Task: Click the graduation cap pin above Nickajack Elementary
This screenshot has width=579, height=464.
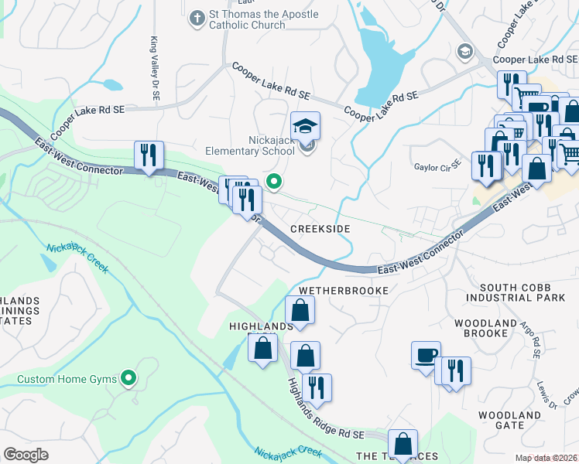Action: pos(305,125)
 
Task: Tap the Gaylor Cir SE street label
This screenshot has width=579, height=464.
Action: pos(437,165)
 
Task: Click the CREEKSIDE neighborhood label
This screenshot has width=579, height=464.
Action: pos(320,230)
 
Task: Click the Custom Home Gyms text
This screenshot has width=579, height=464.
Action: pos(67,379)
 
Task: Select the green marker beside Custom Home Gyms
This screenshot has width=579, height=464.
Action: pos(129,378)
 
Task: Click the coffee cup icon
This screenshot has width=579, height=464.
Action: pos(426,356)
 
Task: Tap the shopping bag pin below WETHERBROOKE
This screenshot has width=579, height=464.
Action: pos(300,311)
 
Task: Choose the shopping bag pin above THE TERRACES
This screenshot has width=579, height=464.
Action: pos(403,444)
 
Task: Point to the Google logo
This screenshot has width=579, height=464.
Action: pos(26,454)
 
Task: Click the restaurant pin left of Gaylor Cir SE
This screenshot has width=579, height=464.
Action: pos(485,165)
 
